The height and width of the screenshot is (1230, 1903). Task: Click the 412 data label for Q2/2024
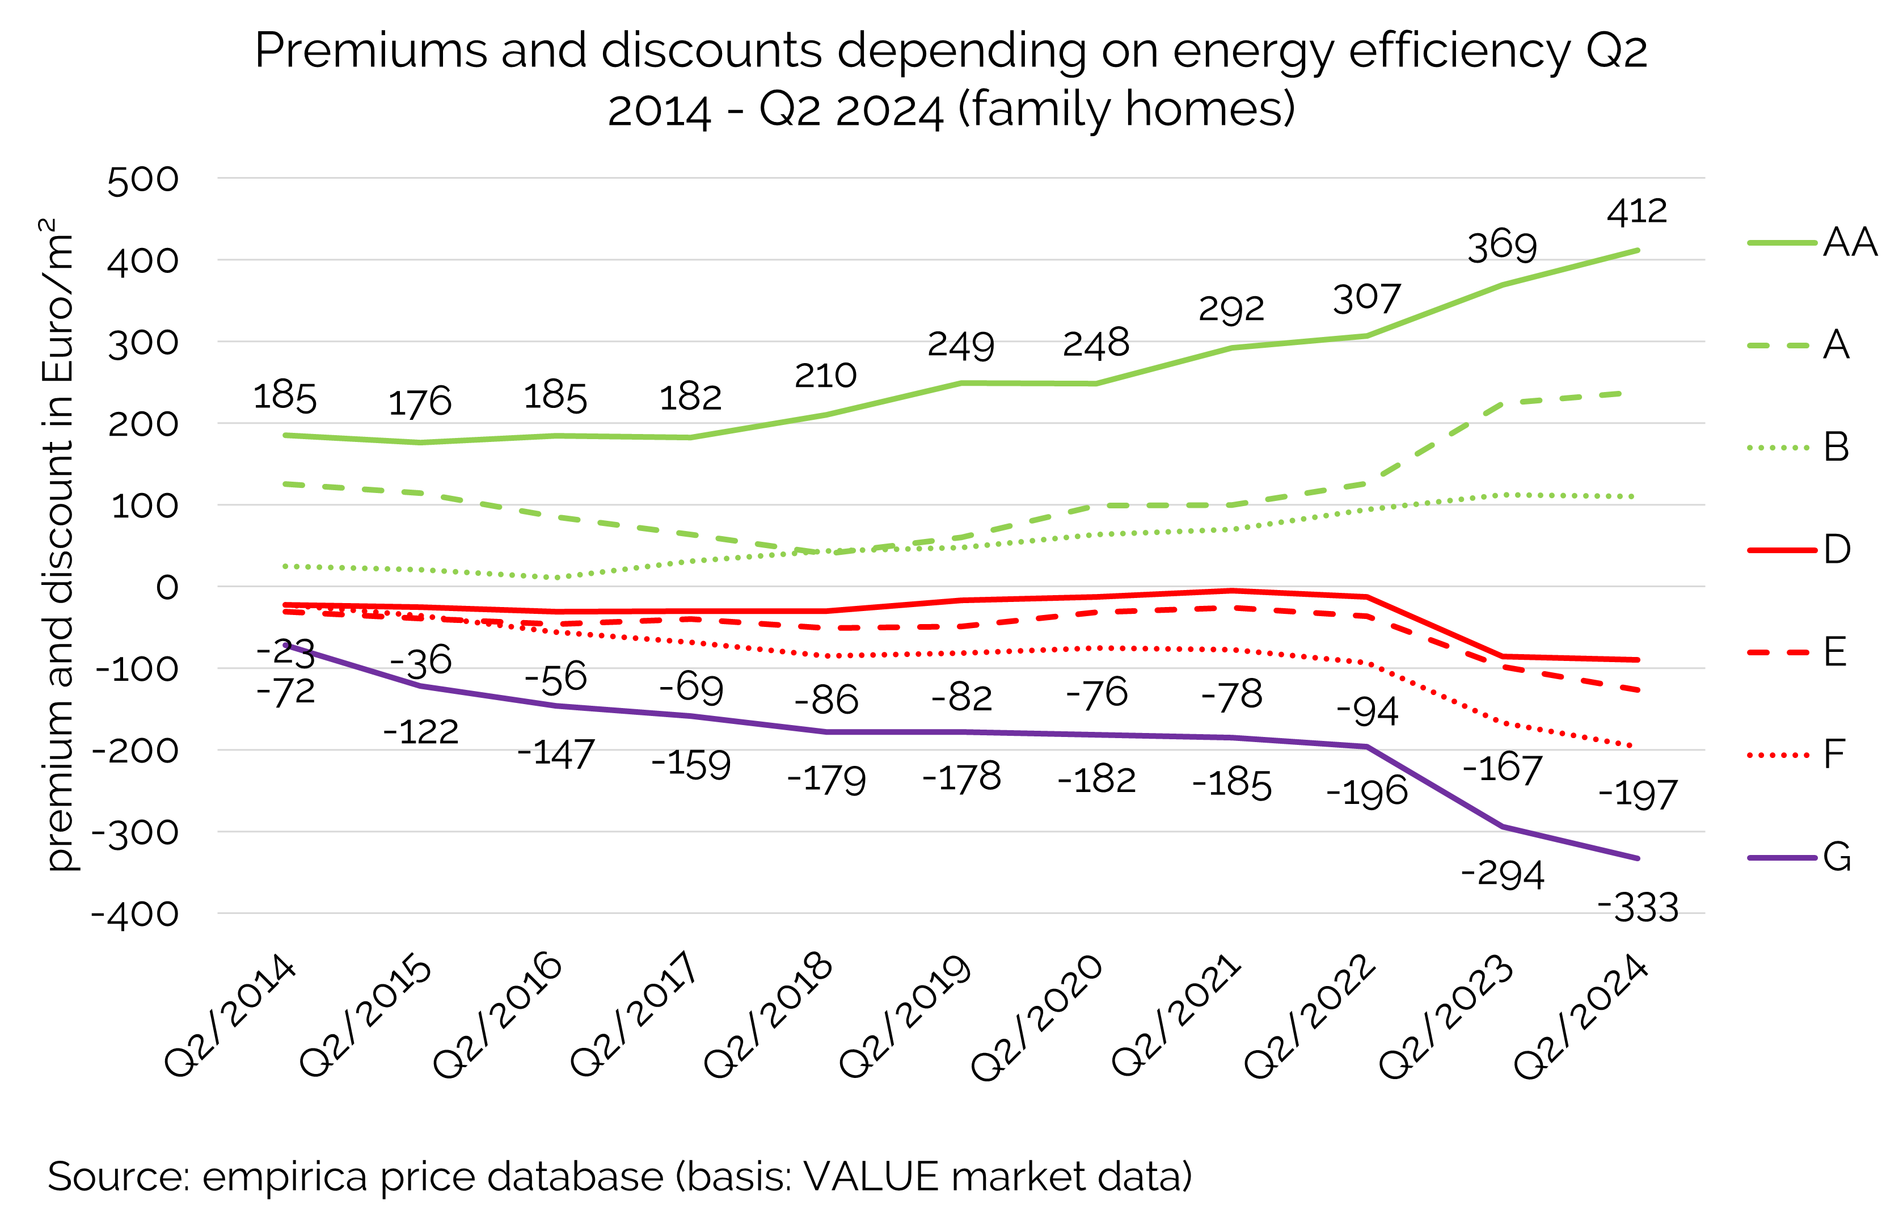click(x=1636, y=212)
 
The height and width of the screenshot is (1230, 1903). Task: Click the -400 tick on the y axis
click(x=135, y=915)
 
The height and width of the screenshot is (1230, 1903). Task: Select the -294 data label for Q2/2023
click(x=1502, y=875)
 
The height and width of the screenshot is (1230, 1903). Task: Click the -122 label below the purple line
click(x=420, y=732)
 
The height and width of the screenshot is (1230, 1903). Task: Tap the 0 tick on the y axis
click(x=167, y=588)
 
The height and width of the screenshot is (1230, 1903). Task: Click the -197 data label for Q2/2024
click(x=1637, y=795)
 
